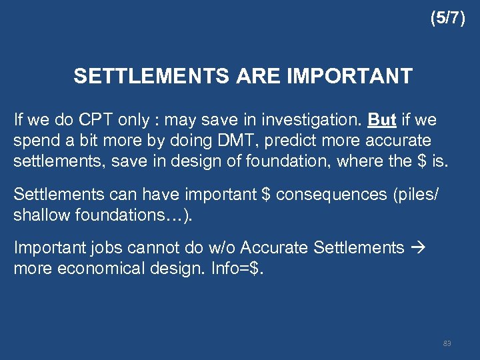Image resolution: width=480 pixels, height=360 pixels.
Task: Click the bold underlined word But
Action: pos(382,120)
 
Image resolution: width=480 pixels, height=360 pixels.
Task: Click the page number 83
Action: pos(447,343)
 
